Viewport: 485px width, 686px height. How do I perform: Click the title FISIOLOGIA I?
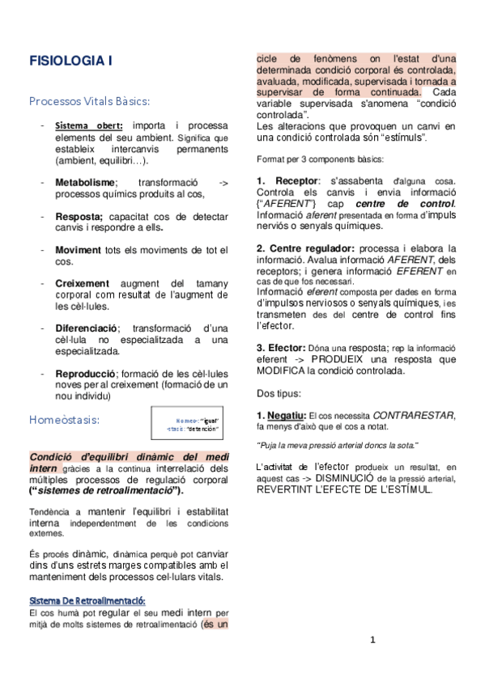coord(70,61)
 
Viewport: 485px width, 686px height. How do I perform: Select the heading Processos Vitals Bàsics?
coord(89,101)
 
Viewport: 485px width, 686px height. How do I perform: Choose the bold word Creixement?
coord(82,284)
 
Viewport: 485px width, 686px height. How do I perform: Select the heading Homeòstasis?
coord(64,420)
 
